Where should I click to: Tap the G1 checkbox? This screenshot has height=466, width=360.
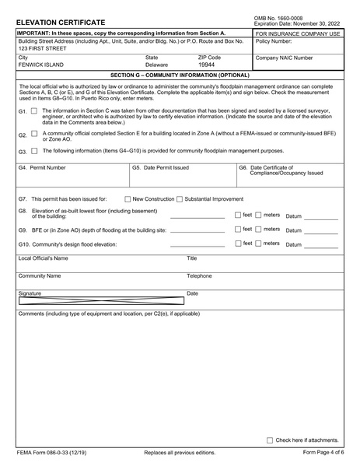[33, 112]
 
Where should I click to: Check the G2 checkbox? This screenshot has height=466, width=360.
[33, 134]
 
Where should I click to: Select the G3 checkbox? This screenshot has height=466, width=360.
[33, 150]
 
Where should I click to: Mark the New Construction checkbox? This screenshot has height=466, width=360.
[128, 199]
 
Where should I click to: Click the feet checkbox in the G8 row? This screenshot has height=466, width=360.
[238, 214]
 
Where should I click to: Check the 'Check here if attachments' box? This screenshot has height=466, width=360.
[270, 440]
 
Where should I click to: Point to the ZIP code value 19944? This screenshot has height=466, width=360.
[206, 65]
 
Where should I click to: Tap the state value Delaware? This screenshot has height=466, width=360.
[156, 65]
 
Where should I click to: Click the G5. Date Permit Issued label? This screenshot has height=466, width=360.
[160, 167]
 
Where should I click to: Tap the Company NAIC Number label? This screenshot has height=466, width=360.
[285, 58]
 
